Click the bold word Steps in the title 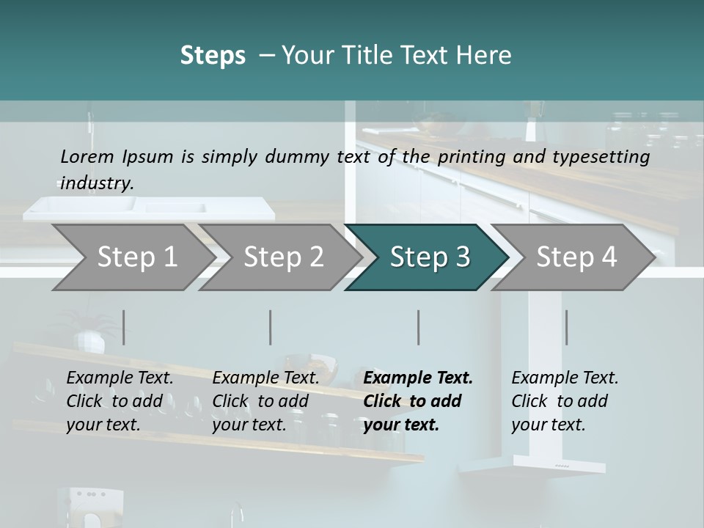213,56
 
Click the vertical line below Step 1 124,327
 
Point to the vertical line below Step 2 271,327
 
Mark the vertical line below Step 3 419,327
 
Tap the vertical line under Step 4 566,327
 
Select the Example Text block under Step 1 120,401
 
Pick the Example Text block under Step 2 265,401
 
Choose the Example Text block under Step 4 565,401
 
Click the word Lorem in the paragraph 87,157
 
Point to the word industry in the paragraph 97,183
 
